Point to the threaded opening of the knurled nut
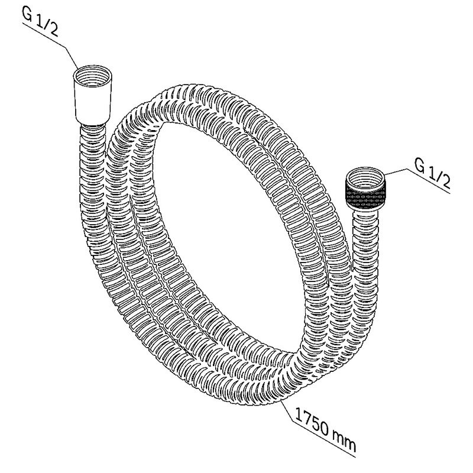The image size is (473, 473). (x=365, y=177)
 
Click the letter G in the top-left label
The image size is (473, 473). (x=27, y=14)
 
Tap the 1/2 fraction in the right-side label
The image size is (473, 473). (x=439, y=178)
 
